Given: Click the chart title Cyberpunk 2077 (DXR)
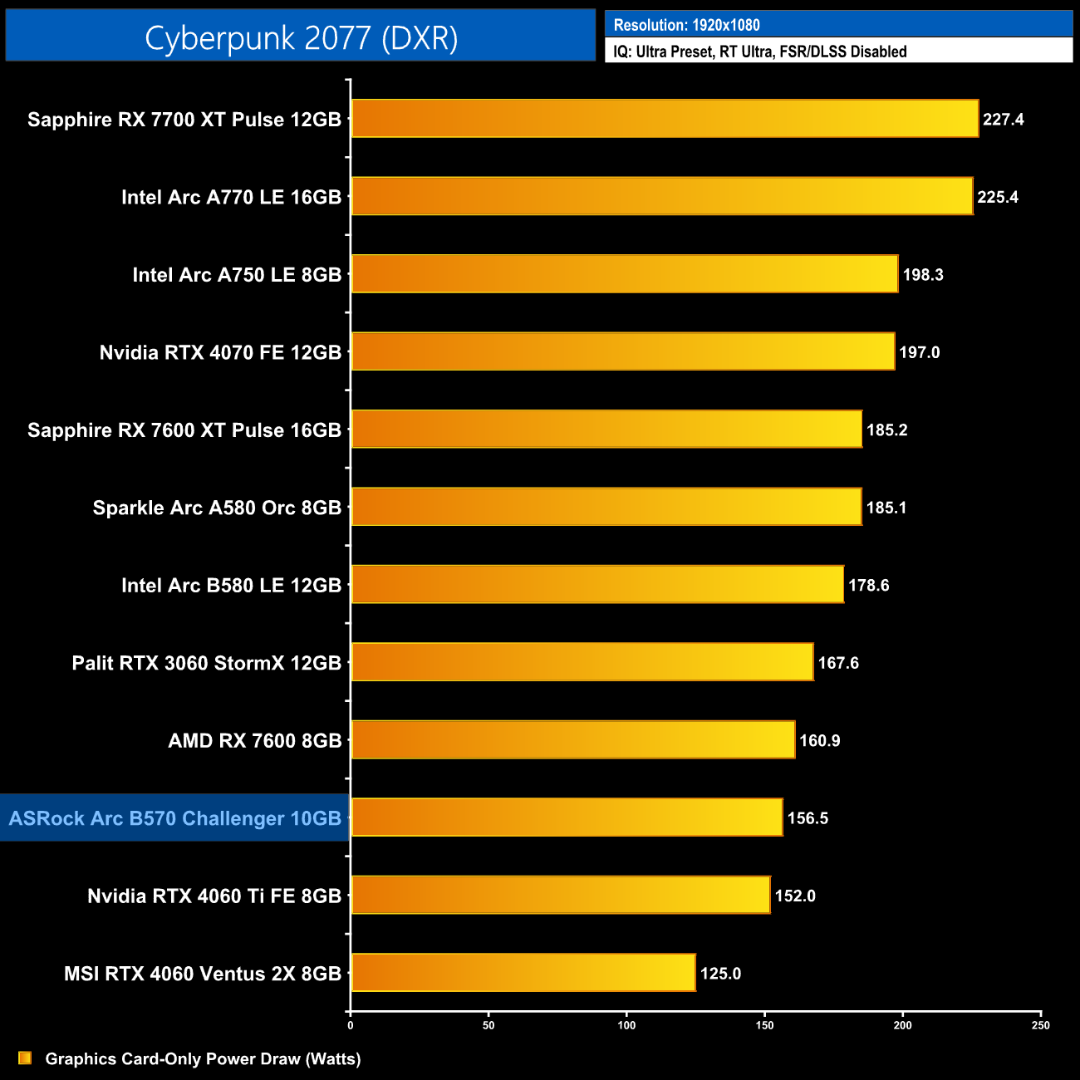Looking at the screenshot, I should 301,37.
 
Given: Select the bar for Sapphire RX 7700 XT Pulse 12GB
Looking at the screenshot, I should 665,119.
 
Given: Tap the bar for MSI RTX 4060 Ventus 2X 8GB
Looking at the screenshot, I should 523,973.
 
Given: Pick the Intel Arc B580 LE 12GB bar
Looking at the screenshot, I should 597,585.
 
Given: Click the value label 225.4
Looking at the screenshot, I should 997,197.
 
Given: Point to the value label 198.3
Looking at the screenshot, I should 922,275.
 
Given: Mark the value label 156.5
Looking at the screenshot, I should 808,818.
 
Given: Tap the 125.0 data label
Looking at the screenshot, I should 720,974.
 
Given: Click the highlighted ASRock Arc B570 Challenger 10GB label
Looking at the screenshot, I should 175,818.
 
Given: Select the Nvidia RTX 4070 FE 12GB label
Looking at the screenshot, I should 220,352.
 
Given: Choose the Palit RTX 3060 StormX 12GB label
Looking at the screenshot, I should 207,663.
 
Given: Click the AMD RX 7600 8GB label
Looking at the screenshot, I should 255,740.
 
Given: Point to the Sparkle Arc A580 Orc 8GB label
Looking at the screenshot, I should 217,508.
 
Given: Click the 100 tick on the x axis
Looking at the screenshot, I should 626,1025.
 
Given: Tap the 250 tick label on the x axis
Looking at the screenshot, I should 1040,1025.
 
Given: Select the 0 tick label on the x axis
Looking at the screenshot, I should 351,1025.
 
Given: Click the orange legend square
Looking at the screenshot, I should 25,1058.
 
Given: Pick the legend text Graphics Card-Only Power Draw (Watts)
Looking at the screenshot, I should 203,1058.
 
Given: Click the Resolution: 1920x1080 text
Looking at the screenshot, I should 686,25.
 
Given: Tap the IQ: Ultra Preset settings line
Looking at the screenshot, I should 759,52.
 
